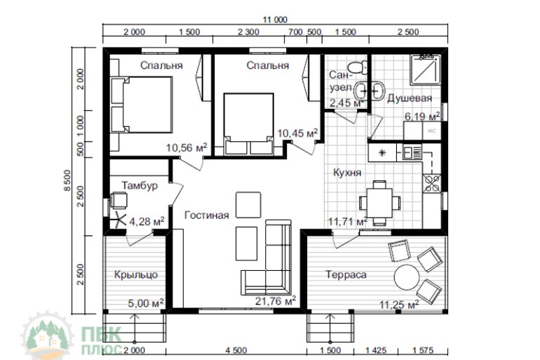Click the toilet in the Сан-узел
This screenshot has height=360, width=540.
coord(357,67)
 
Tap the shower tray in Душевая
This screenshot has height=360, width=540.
coord(426,70)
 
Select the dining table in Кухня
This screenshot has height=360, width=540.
coord(379,203)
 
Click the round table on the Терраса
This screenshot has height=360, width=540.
coord(407,278)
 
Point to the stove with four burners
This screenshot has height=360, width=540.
coord(432,183)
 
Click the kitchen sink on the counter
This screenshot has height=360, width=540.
coord(412,152)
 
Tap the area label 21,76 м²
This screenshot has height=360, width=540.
coord(276,301)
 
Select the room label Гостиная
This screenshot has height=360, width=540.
coord(207,215)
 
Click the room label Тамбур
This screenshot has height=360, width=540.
coord(140,186)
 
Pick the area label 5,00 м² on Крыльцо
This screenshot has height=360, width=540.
coord(146,303)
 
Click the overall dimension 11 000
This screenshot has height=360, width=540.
coord(275,20)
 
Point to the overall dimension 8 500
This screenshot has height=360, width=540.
coord(67,180)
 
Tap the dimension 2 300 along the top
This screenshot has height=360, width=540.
coord(248,32)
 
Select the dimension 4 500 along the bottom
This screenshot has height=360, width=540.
coord(236,351)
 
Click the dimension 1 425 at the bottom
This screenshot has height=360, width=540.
coord(376,351)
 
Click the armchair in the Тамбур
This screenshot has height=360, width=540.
coord(119,200)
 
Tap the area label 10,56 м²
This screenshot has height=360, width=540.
coord(187,147)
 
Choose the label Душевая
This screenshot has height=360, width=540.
coord(410,98)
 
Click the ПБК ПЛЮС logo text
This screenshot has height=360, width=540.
coord(101,340)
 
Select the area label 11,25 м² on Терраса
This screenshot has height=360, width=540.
coord(399,305)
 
